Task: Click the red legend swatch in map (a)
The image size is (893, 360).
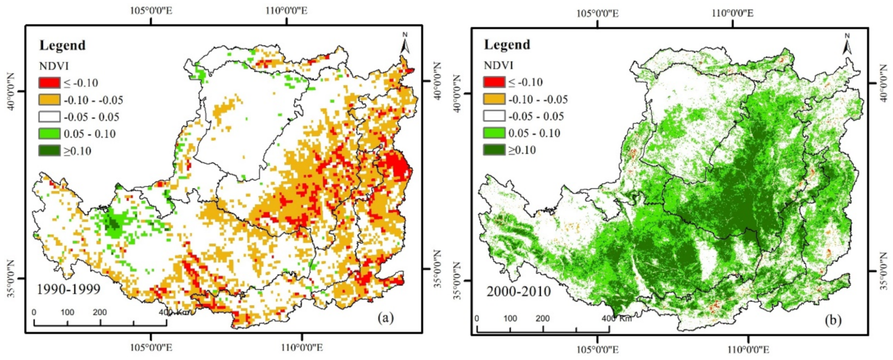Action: [49, 83]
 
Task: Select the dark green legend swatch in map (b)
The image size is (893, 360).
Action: [494, 150]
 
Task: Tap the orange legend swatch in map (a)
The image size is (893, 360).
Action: [49, 100]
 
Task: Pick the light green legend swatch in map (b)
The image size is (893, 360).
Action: [494, 133]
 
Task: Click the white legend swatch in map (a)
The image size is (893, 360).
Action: [49, 117]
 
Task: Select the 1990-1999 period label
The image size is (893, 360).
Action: [68, 289]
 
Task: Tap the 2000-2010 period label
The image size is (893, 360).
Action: [518, 291]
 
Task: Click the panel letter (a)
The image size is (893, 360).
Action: [386, 318]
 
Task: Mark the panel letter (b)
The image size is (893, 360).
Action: [833, 320]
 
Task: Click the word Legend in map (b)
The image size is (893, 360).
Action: [507, 45]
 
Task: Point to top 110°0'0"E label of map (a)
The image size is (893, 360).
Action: [287, 10]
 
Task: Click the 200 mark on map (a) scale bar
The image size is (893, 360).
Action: [100, 313]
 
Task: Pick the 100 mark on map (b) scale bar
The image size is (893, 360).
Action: [510, 319]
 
